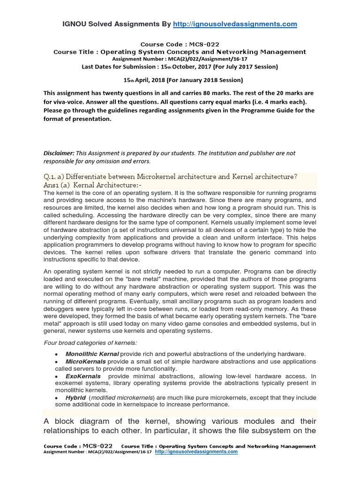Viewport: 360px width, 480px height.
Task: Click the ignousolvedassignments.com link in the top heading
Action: (235, 24)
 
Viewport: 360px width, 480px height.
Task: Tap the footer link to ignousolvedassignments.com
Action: (196, 452)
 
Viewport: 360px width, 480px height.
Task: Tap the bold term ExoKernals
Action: (83, 376)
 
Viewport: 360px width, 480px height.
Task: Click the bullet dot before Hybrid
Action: (57, 397)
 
